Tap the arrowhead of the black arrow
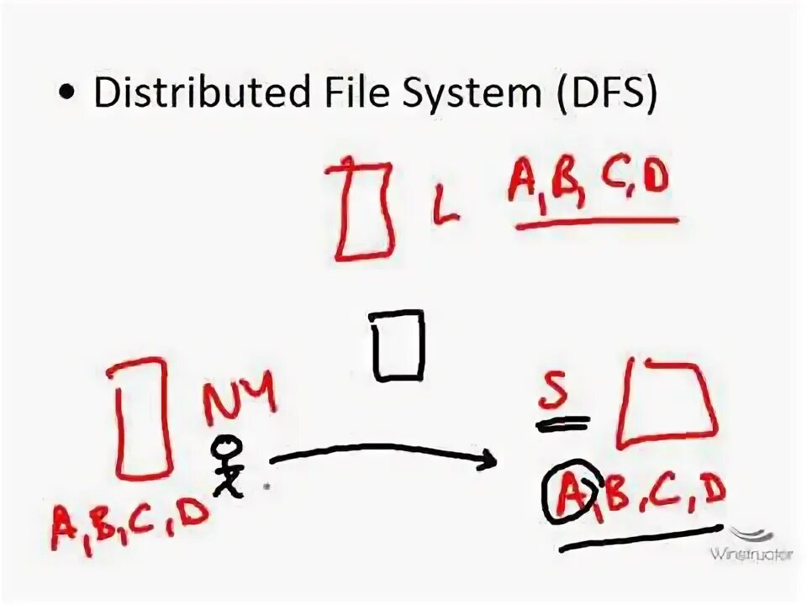click(x=486, y=460)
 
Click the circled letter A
click(x=568, y=494)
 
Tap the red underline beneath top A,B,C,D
click(x=598, y=224)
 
